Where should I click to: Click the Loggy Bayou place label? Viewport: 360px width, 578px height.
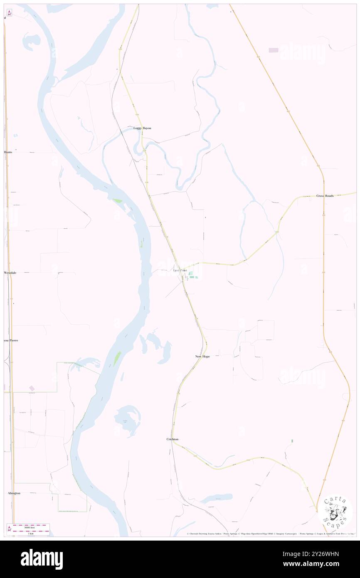tap(142, 128)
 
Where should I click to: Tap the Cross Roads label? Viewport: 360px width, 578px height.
tap(325, 196)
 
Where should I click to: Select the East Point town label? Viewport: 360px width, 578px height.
tap(180, 271)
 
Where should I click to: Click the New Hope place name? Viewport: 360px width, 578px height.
tap(202, 357)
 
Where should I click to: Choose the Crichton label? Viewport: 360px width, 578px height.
tap(173, 439)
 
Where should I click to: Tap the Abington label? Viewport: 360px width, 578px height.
tap(14, 493)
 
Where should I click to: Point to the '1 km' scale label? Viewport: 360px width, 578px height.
tap(30, 533)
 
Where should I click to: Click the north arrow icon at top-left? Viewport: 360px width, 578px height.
tap(9, 12)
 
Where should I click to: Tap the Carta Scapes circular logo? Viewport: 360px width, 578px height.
tap(335, 511)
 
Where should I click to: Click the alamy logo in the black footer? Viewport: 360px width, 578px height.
tap(42, 559)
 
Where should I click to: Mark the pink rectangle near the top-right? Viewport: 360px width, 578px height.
tap(274, 50)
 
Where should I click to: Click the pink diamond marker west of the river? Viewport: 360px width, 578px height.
tap(32, 388)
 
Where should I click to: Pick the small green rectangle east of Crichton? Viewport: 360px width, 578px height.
tap(292, 441)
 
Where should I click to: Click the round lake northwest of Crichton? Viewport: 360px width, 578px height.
tap(128, 420)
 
